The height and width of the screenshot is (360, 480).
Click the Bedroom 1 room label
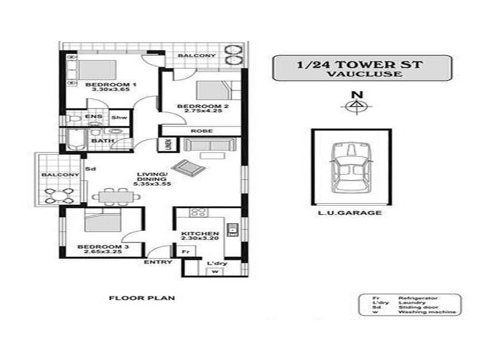[111, 85]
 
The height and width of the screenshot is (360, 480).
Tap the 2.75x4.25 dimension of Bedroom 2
[203, 111]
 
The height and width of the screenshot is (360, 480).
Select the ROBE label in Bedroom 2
[202, 131]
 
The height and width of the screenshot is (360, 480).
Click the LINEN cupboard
[168, 145]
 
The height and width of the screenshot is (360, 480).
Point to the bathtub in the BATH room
[76, 140]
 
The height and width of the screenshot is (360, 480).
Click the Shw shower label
[119, 118]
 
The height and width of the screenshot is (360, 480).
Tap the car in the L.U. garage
[351, 167]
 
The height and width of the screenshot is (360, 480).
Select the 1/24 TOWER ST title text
[359, 65]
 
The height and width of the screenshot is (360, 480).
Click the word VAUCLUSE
[364, 74]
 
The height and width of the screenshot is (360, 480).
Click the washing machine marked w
[215, 272]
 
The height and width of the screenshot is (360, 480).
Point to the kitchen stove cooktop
[199, 212]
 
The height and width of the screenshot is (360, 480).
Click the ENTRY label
[158, 262]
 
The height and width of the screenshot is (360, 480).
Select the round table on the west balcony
[59, 196]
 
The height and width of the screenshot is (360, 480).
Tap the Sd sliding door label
[91, 169]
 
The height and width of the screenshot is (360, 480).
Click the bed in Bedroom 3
[103, 220]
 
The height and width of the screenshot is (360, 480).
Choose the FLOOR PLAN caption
[142, 298]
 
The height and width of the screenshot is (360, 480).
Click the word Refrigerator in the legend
[418, 298]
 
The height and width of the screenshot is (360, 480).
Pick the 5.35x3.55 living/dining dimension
[152, 184]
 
